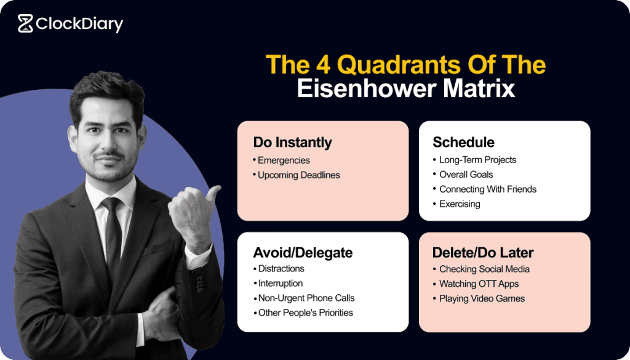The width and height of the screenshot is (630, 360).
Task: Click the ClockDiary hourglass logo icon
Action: click(x=25, y=23)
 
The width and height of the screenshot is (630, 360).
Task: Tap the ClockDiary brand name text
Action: click(x=79, y=24)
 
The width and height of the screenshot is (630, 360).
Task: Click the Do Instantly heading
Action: click(x=292, y=143)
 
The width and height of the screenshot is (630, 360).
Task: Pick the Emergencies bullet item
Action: click(x=284, y=160)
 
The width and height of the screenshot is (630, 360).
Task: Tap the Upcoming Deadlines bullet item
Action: click(x=298, y=175)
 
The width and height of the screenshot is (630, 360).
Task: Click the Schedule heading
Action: click(x=463, y=143)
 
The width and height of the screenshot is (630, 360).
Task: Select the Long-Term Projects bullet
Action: click(x=477, y=159)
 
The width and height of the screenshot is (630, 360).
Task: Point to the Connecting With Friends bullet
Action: click(x=487, y=189)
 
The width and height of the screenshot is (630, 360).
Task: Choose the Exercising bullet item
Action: click(x=460, y=204)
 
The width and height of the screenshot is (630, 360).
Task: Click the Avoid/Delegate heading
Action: click(x=303, y=253)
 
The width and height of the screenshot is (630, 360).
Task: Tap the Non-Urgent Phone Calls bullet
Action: click(x=306, y=298)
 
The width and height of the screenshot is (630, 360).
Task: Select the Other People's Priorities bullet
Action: click(x=305, y=313)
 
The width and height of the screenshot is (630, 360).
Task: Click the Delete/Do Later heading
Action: click(x=483, y=253)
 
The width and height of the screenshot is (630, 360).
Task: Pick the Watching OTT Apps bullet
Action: click(x=479, y=284)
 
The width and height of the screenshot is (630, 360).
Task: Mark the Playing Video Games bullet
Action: click(x=482, y=298)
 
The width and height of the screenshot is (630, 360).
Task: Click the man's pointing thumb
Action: click(x=212, y=196)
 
